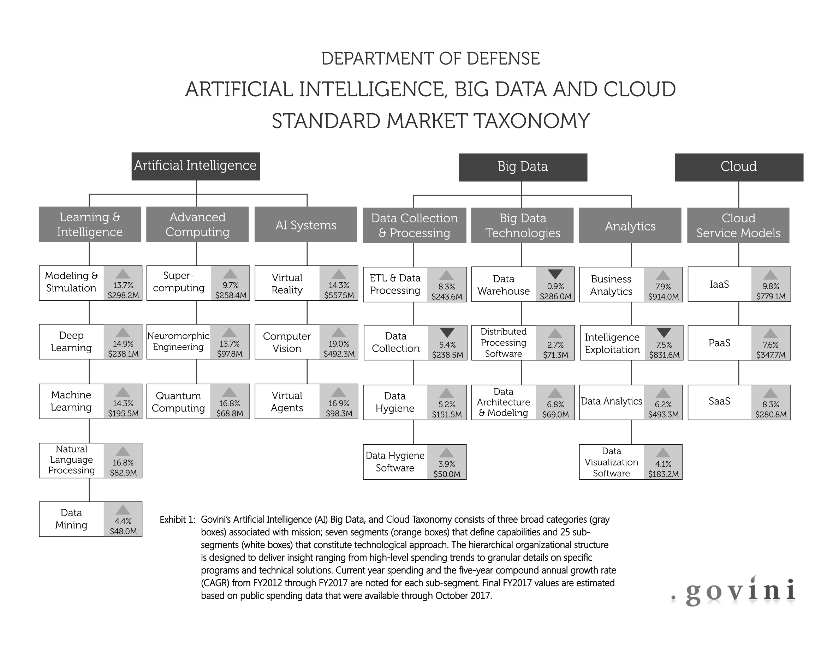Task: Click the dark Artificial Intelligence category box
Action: coord(196,166)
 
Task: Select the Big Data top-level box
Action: coord(523,167)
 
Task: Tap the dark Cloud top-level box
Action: coord(739,167)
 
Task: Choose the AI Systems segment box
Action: coord(306,224)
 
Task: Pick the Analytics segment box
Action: coord(630,226)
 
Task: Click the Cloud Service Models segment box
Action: coord(738,226)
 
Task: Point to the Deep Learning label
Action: coord(71,341)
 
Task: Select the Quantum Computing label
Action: coord(178,402)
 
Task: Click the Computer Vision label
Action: coord(287,342)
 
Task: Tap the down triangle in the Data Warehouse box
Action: coord(555,274)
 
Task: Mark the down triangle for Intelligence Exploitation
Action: coord(664,332)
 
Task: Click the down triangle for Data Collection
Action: coord(447,332)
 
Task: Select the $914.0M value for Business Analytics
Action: coord(664,297)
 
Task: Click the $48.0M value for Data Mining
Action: coord(123,531)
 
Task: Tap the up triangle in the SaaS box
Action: coord(770,393)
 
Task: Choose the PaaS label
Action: coord(719,342)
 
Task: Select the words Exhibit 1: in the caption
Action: coord(178,520)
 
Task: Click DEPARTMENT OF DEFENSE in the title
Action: coord(430,59)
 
